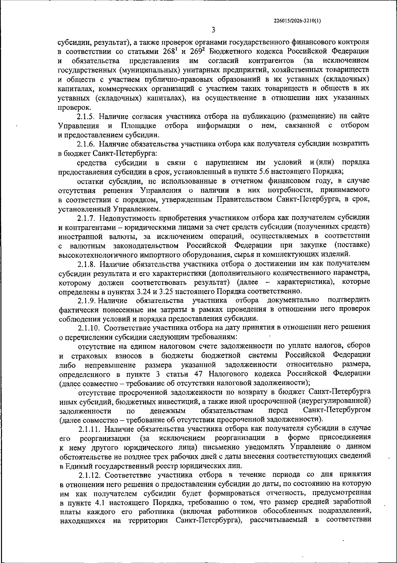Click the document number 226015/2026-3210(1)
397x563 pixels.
pyautogui.click(x=297, y=20)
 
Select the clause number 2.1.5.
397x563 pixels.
pyautogui.click(x=87, y=116)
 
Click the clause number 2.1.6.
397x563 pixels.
pyautogui.click(x=87, y=144)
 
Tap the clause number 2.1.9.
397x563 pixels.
pyautogui.click(x=87, y=300)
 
